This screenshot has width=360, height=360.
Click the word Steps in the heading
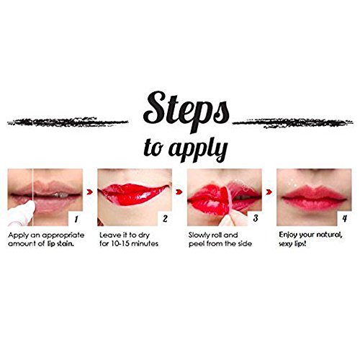point(186,110)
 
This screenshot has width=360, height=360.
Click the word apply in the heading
point(198,149)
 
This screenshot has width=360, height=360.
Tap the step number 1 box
point(76,219)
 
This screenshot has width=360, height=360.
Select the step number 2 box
point(165,219)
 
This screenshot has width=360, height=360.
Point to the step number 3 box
point(255,219)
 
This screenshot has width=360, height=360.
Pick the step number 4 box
point(344,219)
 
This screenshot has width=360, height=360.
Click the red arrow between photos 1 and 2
point(90,192)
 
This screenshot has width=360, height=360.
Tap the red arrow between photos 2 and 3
point(179,192)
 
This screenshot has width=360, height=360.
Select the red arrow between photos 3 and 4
point(269,192)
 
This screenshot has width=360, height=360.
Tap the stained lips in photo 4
point(315,198)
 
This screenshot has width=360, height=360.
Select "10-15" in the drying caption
point(120,244)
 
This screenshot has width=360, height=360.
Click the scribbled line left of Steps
point(68,122)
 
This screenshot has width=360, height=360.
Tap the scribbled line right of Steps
point(293,123)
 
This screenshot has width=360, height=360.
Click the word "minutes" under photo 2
point(145,244)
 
